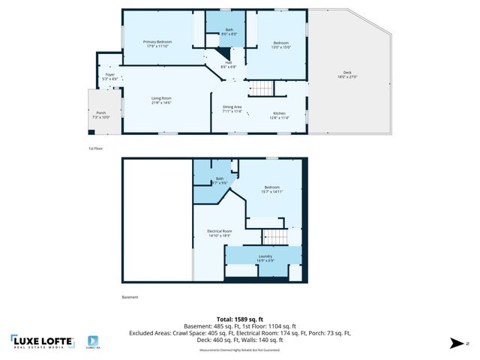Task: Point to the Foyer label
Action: tap(110, 76)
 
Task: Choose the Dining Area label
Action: tap(232, 109)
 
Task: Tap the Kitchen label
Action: tap(279, 114)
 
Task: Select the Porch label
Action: tap(100, 115)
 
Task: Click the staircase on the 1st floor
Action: tap(262, 88)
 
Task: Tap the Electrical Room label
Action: tap(220, 232)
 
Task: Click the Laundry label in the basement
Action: tap(265, 258)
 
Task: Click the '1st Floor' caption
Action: tap(95, 149)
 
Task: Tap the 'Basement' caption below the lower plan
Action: tap(130, 297)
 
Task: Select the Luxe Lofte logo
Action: tap(43, 341)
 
